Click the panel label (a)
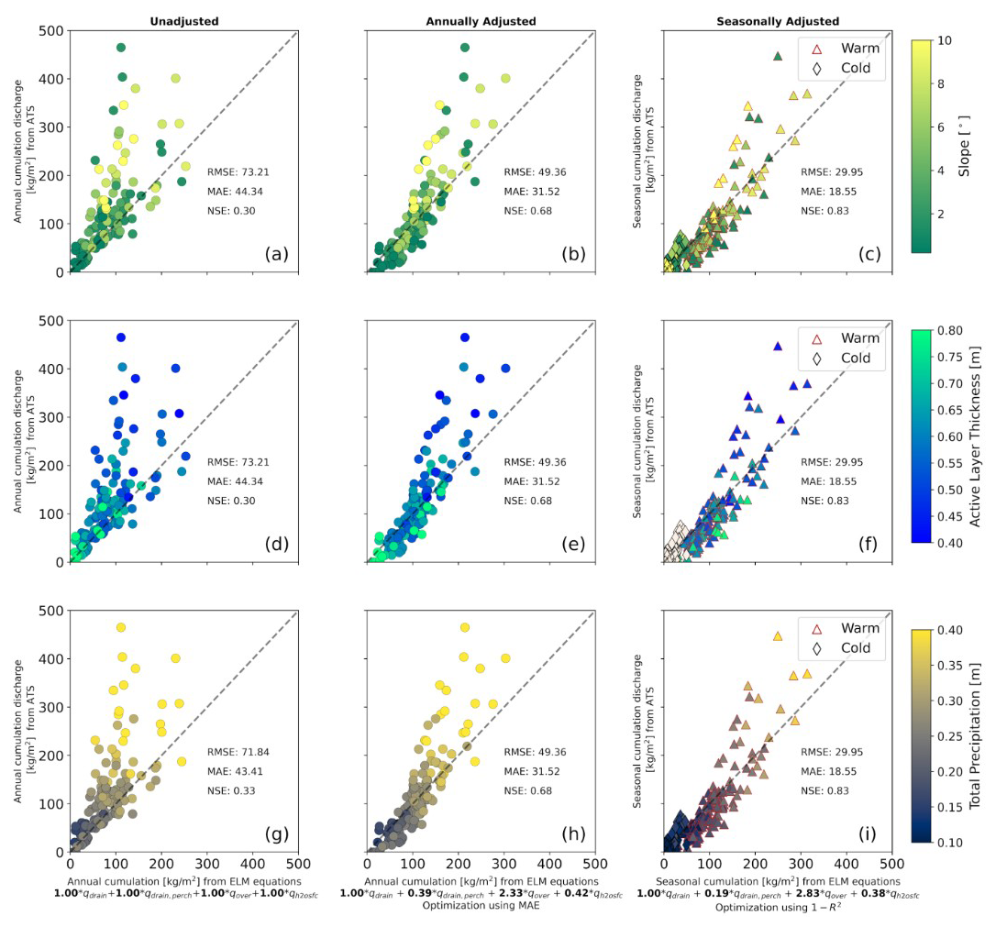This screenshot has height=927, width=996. click(x=274, y=254)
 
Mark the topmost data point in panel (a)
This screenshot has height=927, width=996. click(x=120, y=48)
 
